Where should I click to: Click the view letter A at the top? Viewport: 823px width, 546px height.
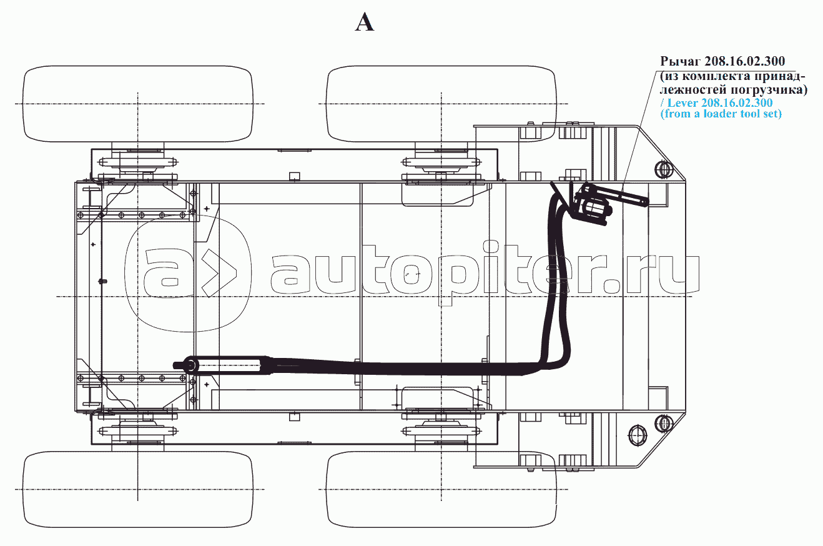point(365,23)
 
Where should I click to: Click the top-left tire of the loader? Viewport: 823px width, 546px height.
point(137,103)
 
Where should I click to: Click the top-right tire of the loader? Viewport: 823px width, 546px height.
point(441,103)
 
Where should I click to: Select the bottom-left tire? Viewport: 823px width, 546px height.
point(137,487)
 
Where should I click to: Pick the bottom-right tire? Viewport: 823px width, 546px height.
point(441,487)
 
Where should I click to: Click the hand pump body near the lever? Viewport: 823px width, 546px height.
point(591,205)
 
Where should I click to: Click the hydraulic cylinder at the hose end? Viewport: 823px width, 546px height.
point(231,364)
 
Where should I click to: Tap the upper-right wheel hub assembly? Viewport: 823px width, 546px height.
point(441,164)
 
